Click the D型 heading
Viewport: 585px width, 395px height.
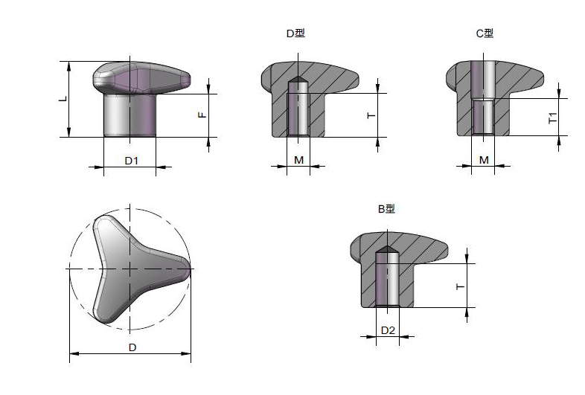click(x=295, y=33)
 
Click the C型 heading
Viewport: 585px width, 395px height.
click(x=485, y=33)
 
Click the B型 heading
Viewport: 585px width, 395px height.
click(x=386, y=208)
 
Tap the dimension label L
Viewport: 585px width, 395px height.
click(x=64, y=99)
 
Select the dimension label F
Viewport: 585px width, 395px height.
click(x=202, y=115)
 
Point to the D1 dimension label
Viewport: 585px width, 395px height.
click(x=131, y=161)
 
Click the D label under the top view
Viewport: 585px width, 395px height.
click(x=132, y=347)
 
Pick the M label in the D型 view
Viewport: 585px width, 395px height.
click(x=299, y=160)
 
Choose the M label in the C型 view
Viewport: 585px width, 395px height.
click(x=484, y=160)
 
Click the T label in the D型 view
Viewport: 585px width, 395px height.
click(x=371, y=115)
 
